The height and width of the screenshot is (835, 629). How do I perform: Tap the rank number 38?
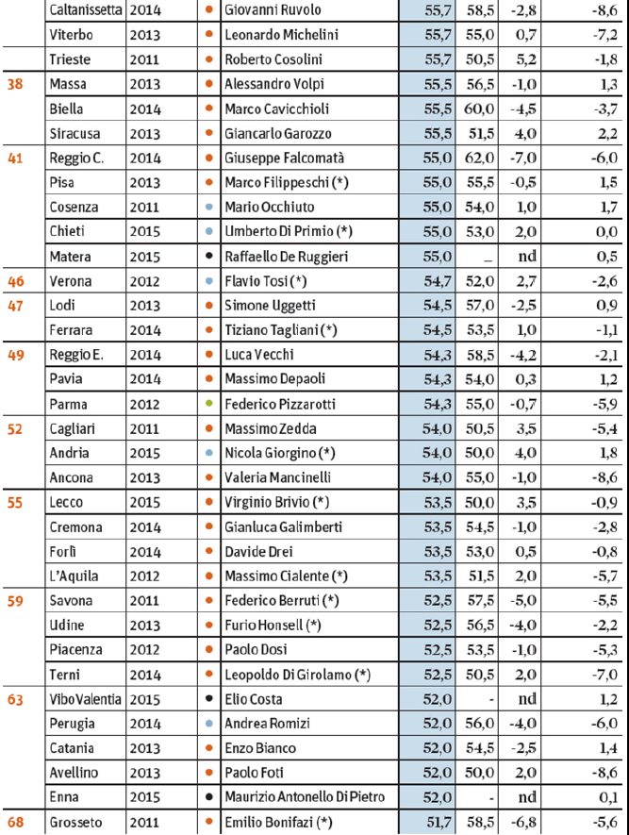[15, 84]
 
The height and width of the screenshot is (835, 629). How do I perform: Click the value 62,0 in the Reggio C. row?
[475, 158]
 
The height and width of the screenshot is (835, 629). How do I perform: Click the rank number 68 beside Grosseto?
[15, 823]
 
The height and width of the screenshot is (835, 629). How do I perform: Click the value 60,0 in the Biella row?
[475, 109]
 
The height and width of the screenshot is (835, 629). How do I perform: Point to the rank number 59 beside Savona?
[15, 599]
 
